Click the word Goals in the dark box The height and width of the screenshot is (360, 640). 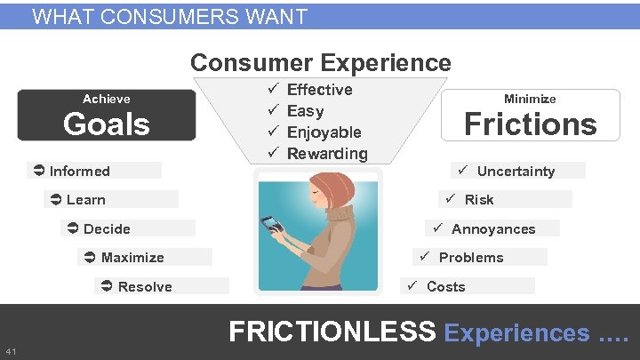click(x=106, y=124)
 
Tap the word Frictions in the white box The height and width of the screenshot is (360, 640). click(x=530, y=124)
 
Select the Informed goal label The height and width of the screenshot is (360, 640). click(x=79, y=171)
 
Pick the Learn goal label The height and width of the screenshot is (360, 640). click(x=85, y=199)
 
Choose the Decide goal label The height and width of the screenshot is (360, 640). click(x=107, y=228)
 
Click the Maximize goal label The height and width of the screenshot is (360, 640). click(x=132, y=257)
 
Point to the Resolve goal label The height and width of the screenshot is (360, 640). click(x=145, y=286)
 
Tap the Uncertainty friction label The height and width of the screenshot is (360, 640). click(x=516, y=171)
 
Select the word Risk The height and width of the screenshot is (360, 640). click(x=478, y=199)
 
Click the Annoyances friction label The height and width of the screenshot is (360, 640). click(x=493, y=228)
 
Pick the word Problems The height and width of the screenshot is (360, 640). click(x=471, y=257)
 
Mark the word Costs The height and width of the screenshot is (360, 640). click(x=445, y=286)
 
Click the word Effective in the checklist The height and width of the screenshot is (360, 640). click(x=320, y=90)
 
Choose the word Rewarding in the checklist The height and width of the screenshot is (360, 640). click(x=327, y=154)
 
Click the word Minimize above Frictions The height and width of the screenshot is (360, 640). click(x=530, y=99)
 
